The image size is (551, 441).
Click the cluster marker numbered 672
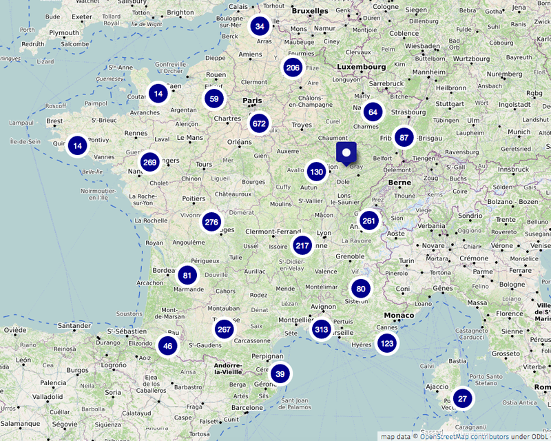click(x=259, y=124)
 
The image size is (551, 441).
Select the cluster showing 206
click(x=293, y=68)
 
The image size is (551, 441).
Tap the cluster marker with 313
click(x=321, y=329)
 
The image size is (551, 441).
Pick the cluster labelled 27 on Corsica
click(x=463, y=399)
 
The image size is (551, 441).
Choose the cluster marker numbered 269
click(x=149, y=163)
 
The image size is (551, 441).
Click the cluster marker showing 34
click(x=260, y=27)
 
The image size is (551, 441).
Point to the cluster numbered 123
click(x=387, y=343)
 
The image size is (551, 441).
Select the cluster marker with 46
click(x=168, y=346)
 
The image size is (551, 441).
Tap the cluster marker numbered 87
click(x=404, y=137)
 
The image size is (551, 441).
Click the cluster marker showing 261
click(x=369, y=220)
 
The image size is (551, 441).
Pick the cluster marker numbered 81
click(x=187, y=276)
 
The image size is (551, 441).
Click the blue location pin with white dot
click(x=346, y=152)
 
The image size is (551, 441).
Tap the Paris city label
click(x=252, y=101)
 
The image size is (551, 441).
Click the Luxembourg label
click(x=361, y=67)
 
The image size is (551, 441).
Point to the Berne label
click(x=399, y=182)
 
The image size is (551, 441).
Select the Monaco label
click(x=399, y=316)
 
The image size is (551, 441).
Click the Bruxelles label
click(x=310, y=11)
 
